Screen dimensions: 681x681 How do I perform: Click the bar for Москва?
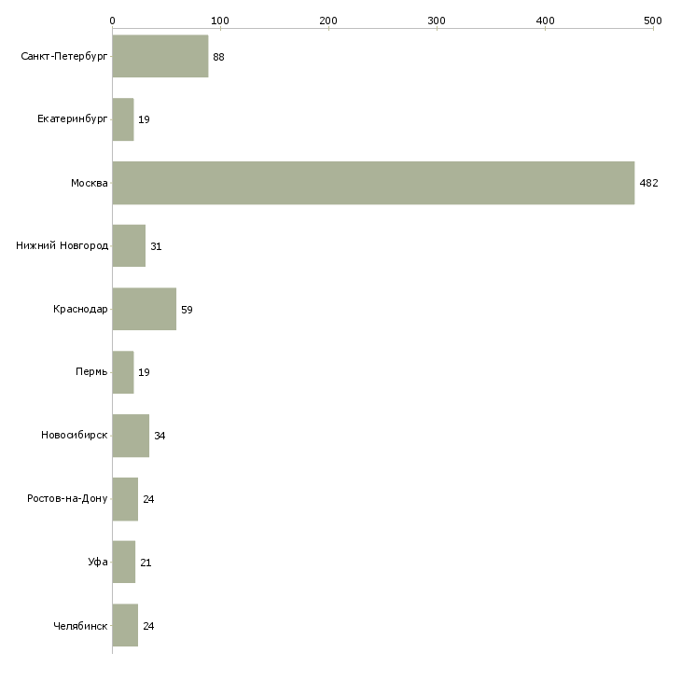click(x=373, y=183)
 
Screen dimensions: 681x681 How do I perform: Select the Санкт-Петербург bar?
click(x=160, y=56)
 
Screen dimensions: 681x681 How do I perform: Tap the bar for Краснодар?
click(x=145, y=309)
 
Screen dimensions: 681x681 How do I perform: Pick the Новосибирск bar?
click(x=131, y=436)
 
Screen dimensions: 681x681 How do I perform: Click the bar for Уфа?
click(x=124, y=562)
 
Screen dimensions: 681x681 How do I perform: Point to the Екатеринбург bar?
click(x=123, y=119)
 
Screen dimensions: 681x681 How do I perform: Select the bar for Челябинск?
click(x=125, y=625)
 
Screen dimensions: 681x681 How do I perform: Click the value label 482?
click(x=649, y=183)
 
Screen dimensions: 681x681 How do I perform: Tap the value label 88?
click(x=218, y=57)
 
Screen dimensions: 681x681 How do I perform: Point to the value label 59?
click(x=187, y=310)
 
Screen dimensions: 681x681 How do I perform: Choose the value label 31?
click(x=156, y=246)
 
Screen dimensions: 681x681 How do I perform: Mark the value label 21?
click(x=146, y=563)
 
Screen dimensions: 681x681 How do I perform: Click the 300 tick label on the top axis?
click(x=437, y=21)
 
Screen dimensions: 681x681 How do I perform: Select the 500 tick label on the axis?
click(x=653, y=21)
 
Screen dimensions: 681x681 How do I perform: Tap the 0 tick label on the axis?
click(x=113, y=21)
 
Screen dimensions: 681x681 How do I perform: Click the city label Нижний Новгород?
click(x=63, y=246)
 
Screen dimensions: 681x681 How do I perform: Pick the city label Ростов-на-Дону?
click(x=67, y=498)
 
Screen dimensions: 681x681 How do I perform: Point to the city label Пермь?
click(x=91, y=372)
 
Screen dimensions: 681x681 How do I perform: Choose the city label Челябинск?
click(x=80, y=626)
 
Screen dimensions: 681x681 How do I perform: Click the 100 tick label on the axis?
click(x=220, y=21)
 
